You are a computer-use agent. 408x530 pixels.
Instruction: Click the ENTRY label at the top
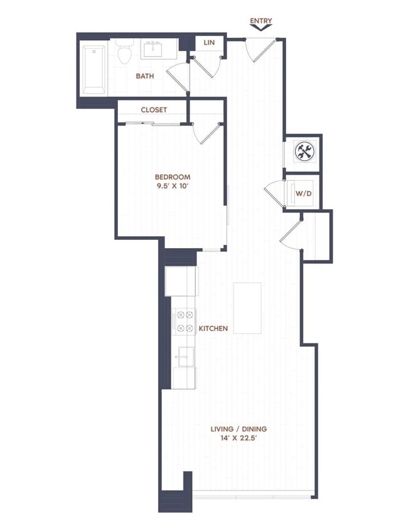tap(260, 21)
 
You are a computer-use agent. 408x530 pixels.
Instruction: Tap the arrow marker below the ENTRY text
tap(260, 29)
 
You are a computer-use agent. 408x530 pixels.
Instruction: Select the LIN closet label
tap(209, 43)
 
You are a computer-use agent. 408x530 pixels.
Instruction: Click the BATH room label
tap(146, 76)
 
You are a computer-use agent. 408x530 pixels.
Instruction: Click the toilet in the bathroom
tap(124, 52)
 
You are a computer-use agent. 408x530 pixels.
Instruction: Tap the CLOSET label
tap(153, 109)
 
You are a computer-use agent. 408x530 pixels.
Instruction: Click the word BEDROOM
tap(173, 177)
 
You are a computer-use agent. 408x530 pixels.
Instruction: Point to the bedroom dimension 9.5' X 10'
tap(173, 187)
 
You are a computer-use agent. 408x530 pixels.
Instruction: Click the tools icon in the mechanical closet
tap(304, 151)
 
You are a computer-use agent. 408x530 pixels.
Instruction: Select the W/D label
tap(304, 193)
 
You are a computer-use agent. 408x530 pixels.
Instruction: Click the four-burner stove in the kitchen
tap(185, 321)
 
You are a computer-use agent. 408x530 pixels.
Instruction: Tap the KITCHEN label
tap(213, 328)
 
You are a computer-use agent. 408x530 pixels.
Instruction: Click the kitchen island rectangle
tap(247, 308)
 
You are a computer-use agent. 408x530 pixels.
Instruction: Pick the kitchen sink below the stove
tap(185, 357)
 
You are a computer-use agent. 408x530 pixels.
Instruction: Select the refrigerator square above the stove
tap(181, 281)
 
